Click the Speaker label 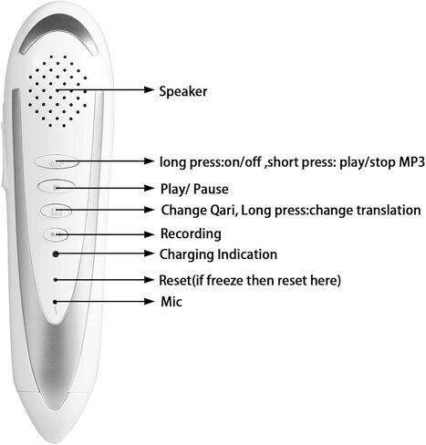tap(183, 91)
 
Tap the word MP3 tap(411, 162)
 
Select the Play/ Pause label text tap(194, 189)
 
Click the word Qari tap(223, 211)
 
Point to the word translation tap(389, 211)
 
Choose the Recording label tap(191, 234)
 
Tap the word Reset tap(174, 280)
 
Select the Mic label tap(171, 302)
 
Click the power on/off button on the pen tap(57, 161)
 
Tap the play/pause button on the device tap(57, 186)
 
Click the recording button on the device tap(55, 234)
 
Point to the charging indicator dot tap(56, 254)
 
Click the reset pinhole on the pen tap(56, 280)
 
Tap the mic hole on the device tap(55, 302)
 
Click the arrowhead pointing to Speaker tap(149, 89)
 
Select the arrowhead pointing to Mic tap(149, 302)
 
